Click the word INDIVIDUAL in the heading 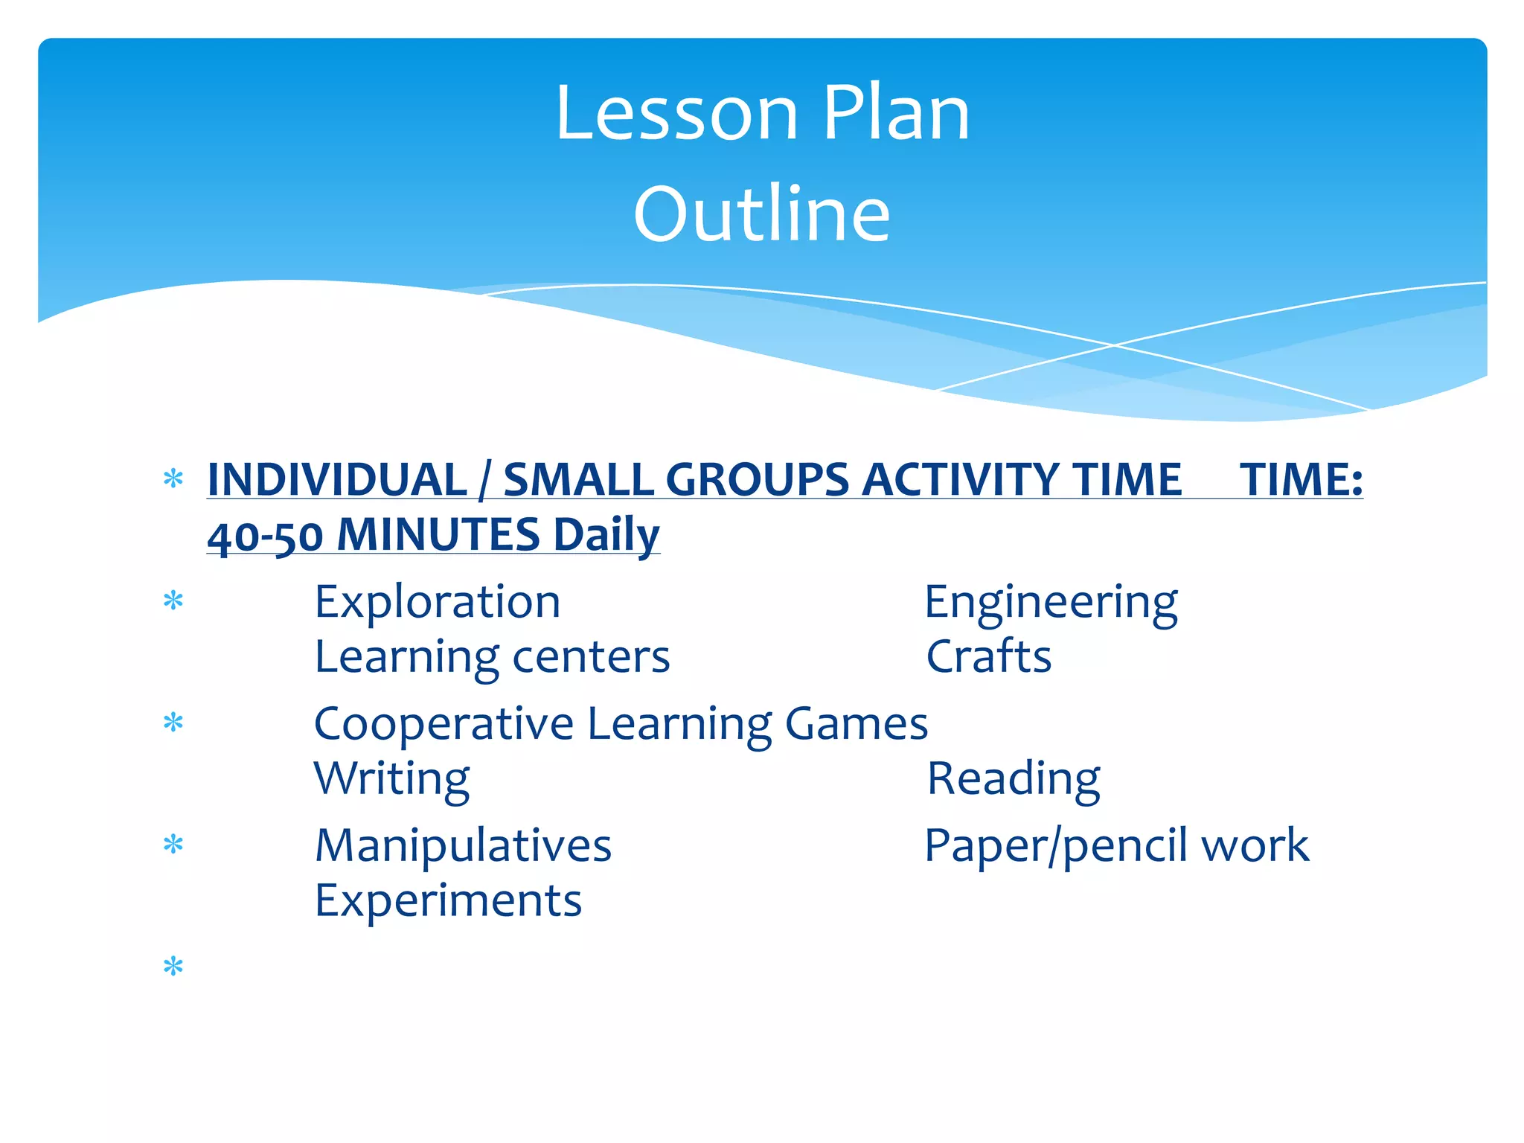[x=337, y=479]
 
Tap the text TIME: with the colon [x=1301, y=479]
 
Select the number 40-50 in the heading [x=265, y=536]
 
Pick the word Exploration [x=438, y=602]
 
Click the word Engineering [x=1051, y=602]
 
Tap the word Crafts [x=988, y=657]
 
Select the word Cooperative [x=444, y=724]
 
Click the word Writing [x=391, y=779]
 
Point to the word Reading [x=1013, y=779]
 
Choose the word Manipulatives [x=463, y=846]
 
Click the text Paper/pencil [x=1057, y=846]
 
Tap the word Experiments [x=448, y=901]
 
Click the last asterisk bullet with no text [x=173, y=967]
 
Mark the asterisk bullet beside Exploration [x=173, y=601]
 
